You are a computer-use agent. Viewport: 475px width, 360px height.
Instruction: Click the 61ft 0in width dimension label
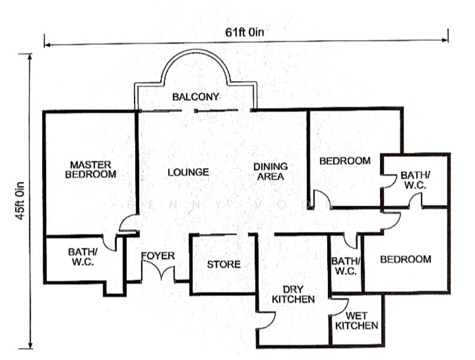click(x=245, y=32)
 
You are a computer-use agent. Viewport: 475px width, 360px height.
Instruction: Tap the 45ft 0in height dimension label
click(x=21, y=200)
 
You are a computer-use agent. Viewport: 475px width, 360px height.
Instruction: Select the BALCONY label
click(x=195, y=97)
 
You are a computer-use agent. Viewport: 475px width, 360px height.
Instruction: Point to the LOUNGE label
click(x=188, y=172)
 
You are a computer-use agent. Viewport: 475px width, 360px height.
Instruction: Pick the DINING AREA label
click(x=270, y=171)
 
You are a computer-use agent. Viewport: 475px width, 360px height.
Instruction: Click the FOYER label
click(x=158, y=256)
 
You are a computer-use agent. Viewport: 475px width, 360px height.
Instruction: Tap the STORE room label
click(x=223, y=265)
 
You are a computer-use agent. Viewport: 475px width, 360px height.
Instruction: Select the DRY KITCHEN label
click(x=293, y=293)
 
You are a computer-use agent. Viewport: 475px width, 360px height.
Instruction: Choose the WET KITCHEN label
click(x=356, y=320)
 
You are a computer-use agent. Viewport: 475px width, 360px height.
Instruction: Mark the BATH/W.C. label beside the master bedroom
click(x=80, y=257)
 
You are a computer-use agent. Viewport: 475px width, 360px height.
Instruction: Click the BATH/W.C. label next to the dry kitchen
click(x=345, y=266)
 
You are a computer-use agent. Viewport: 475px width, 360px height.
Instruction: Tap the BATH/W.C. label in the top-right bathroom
click(x=414, y=180)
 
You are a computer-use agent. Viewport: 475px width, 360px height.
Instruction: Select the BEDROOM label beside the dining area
click(x=345, y=161)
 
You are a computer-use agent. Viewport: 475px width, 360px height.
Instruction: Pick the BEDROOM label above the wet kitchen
click(x=405, y=259)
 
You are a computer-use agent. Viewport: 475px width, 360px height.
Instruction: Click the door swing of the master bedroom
click(x=127, y=224)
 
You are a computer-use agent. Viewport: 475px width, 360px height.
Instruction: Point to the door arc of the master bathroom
click(x=109, y=241)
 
